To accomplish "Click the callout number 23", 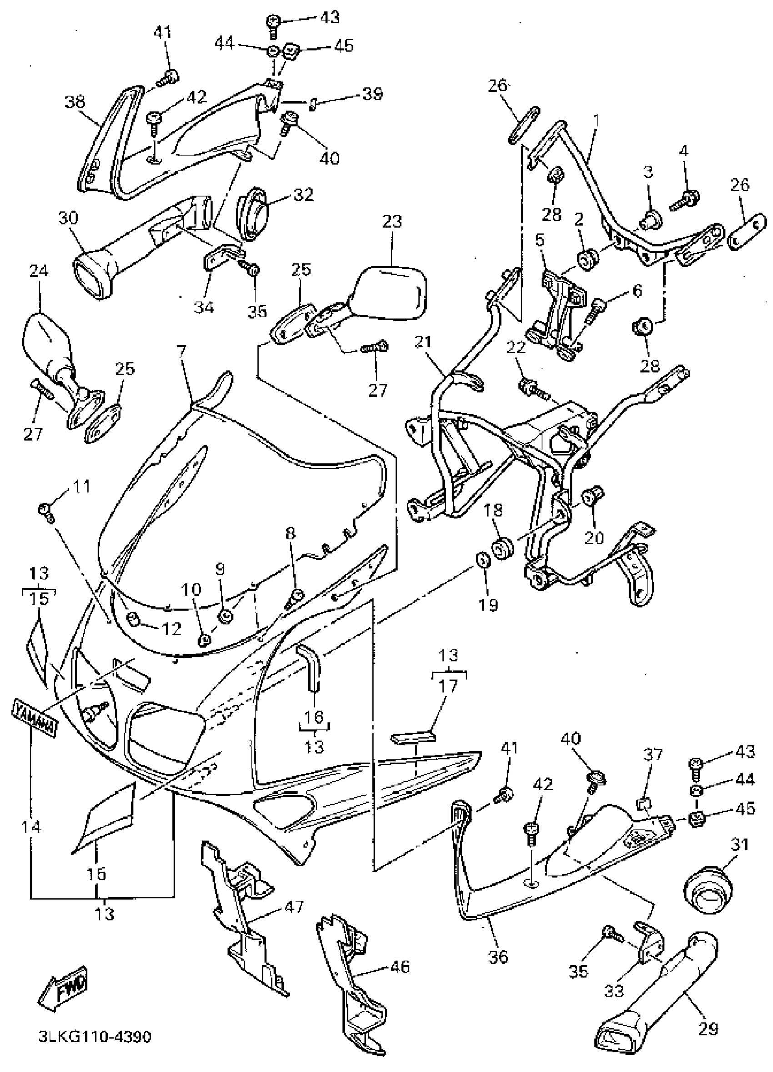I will tap(392, 221).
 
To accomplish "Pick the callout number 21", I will tap(422, 342).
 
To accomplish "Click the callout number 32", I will tap(303, 194).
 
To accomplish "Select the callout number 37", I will tap(653, 755).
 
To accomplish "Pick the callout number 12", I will tap(171, 628).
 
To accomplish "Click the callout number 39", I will tap(372, 94).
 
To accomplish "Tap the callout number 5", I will tap(540, 240).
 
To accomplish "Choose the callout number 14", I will tap(31, 827).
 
